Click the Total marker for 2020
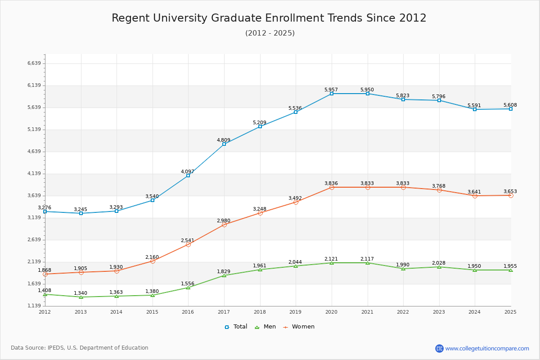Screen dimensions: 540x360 click(332, 94)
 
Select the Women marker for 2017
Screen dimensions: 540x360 click(224, 225)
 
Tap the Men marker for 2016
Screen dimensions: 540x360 click(188, 288)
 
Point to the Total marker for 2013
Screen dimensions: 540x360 click(81, 213)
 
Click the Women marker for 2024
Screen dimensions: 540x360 click(475, 196)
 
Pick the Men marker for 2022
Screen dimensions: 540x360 click(403, 269)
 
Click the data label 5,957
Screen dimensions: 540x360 click(331, 90)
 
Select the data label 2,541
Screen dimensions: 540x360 click(188, 240)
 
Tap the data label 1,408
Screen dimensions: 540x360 click(45, 290)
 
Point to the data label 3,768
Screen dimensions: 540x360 click(438, 186)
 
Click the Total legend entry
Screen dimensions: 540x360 click(236, 327)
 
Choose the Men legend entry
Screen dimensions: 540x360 click(265, 327)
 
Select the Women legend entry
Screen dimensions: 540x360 click(299, 327)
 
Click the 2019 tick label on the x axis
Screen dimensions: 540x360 click(295, 312)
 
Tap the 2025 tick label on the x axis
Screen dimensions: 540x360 click(510, 312)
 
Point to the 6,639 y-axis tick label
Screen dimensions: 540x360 click(34, 63)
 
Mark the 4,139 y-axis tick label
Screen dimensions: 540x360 click(34, 173)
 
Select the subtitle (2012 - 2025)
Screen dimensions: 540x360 click(270, 33)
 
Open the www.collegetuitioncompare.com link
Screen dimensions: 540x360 click(487, 348)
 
